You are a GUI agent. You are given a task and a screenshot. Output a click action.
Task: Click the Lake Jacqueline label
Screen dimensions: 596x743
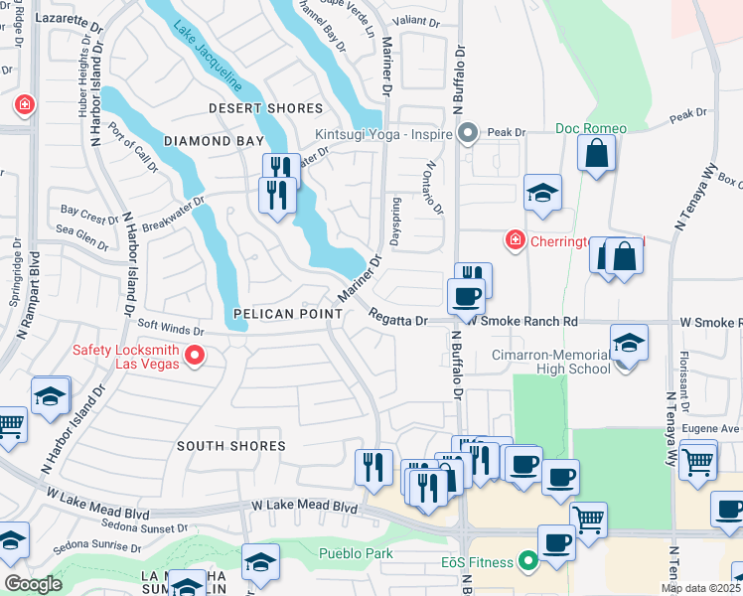coord(209,56)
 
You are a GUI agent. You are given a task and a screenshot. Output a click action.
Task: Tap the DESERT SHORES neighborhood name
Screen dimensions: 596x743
coord(265,108)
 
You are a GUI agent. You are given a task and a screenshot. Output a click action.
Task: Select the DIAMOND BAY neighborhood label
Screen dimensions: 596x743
coord(215,142)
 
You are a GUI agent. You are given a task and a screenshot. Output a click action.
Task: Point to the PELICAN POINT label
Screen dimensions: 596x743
coord(288,314)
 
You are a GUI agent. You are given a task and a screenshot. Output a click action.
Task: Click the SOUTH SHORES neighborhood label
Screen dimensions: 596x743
coord(231,446)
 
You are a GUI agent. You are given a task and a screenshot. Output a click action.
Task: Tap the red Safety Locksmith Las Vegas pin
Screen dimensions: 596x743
coord(195,355)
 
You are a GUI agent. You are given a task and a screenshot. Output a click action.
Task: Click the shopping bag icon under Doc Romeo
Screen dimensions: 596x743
coord(596,155)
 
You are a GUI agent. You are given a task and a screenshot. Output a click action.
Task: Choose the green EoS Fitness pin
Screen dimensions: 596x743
coord(526,562)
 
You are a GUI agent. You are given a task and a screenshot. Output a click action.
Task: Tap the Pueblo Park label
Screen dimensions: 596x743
coord(356,553)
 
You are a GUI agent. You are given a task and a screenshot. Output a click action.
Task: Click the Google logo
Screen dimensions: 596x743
coord(33,584)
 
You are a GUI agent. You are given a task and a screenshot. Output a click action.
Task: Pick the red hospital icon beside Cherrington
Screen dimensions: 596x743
coord(515,240)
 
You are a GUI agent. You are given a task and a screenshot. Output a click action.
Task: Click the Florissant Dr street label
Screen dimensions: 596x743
coord(683,383)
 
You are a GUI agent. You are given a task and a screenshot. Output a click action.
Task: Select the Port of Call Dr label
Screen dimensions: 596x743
coord(133,147)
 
